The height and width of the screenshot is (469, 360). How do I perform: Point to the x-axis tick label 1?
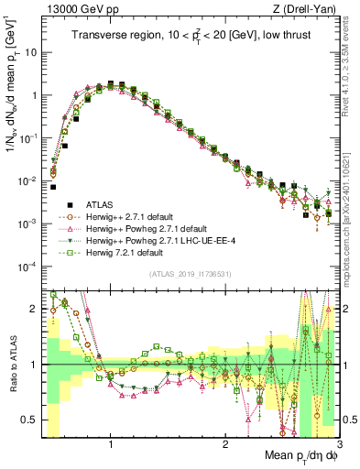(x=111, y=445)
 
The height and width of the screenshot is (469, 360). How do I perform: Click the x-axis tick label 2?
(x=225, y=445)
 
